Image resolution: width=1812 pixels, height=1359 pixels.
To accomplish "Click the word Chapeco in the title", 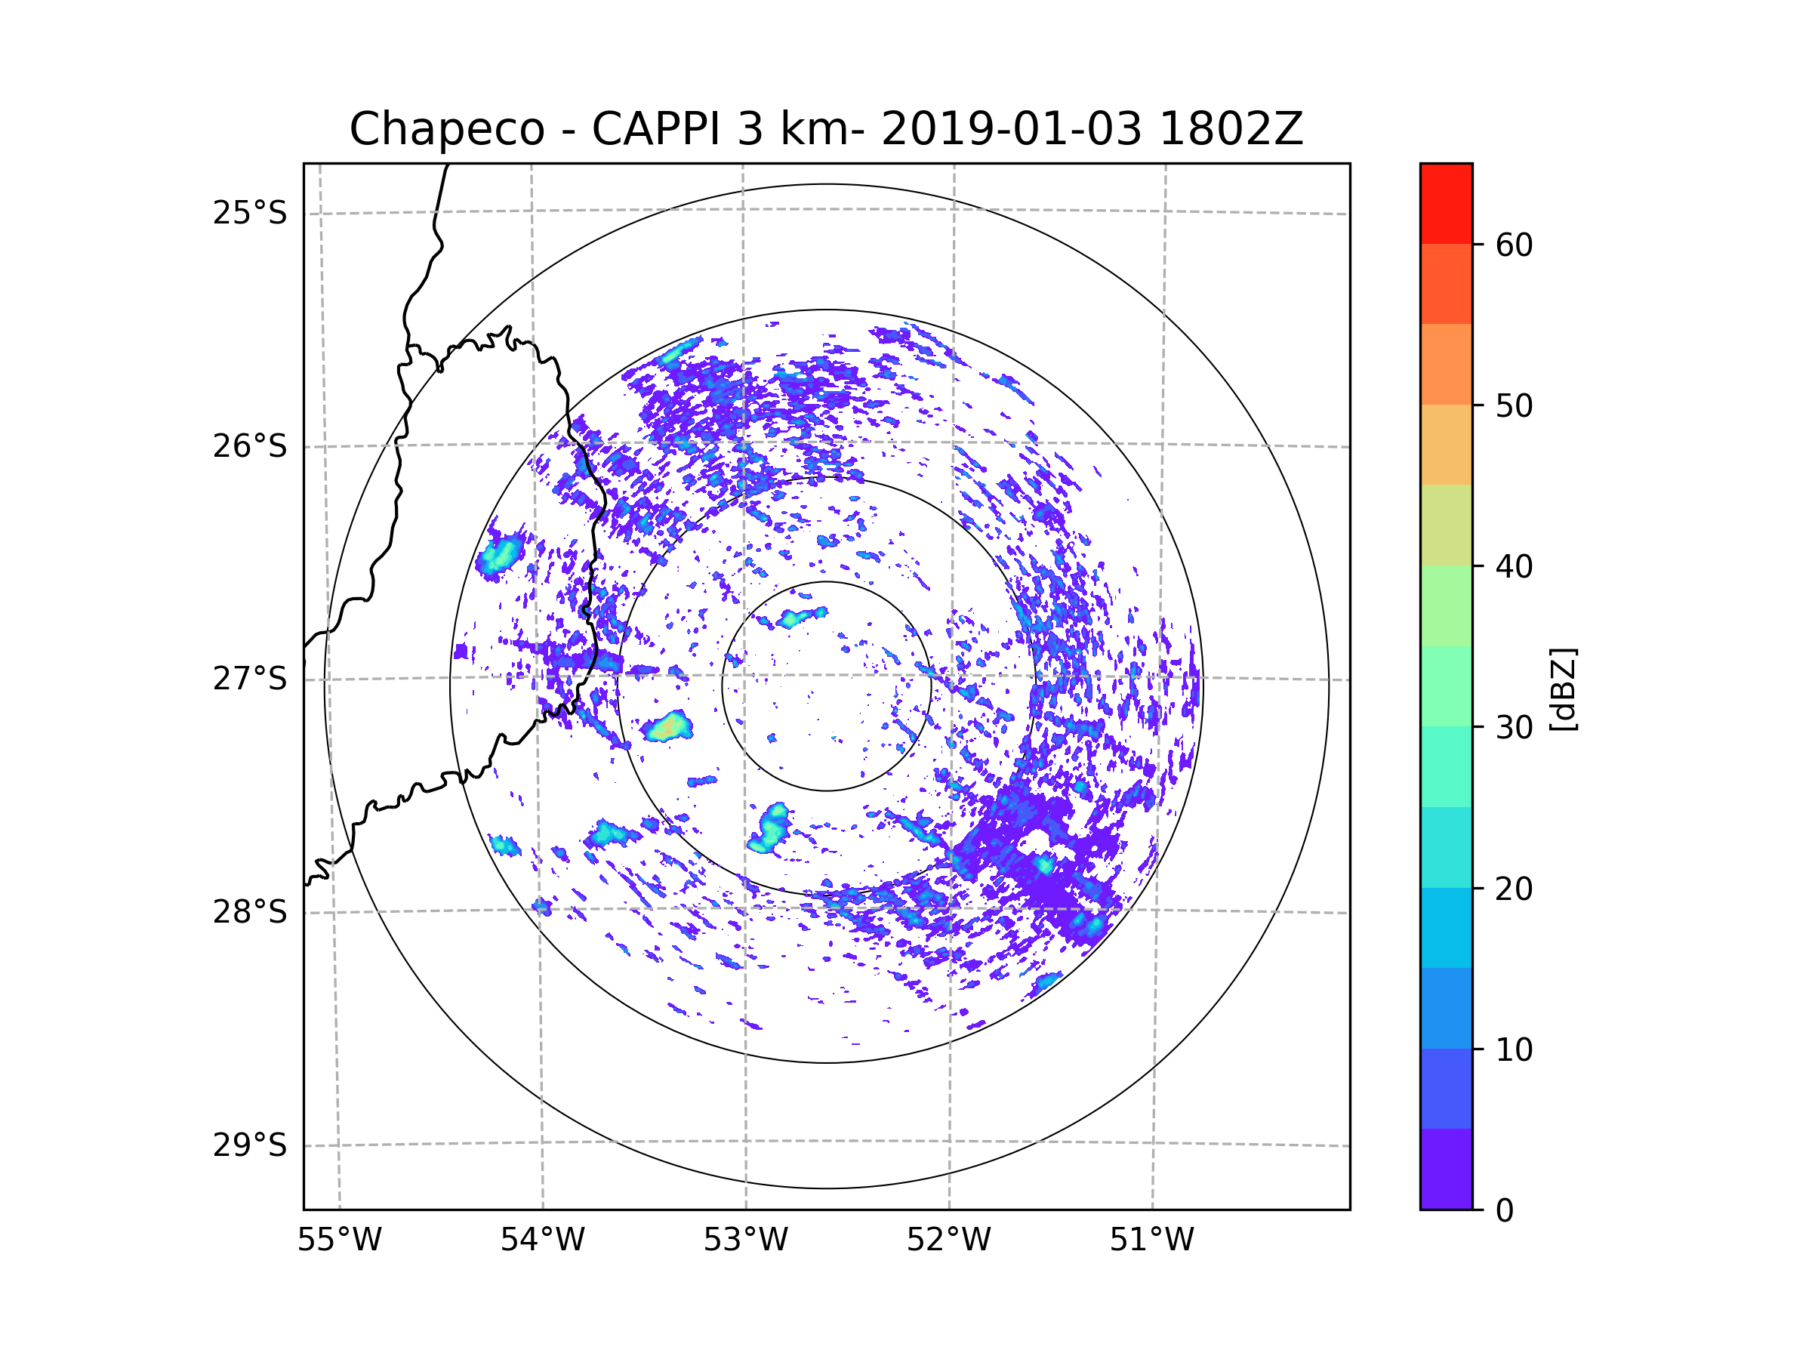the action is pos(446,129).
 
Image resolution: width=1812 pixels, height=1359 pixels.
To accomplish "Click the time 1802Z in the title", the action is pos(1231,128).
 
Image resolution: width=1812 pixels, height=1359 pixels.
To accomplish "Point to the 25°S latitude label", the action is pos(250,213).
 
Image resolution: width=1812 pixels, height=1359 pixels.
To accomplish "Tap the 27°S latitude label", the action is pos(250,679).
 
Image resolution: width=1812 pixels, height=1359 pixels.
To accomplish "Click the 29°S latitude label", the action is pos(250,1145).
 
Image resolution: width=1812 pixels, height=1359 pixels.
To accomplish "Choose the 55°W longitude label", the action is pos(339,1240).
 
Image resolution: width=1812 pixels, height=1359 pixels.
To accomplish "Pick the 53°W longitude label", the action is pos(745,1240).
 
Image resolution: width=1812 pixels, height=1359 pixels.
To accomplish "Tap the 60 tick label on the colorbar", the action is pos(1514,245).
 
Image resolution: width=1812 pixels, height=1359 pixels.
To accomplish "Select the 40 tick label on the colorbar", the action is pos(1514,566).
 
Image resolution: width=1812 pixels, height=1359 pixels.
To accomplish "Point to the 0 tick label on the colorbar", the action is pos(1505,1211).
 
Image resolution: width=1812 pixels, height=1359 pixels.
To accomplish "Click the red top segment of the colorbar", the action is pos(1446,204).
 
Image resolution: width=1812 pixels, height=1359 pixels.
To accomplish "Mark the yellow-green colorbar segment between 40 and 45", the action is pos(1446,525).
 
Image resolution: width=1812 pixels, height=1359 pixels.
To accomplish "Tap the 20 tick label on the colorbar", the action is pos(1514,889).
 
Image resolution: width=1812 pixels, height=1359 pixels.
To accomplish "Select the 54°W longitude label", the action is pos(542,1240).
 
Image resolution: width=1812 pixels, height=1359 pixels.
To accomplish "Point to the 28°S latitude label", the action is pos(250,912).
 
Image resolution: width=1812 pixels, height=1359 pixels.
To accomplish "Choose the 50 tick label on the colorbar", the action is pos(1514,405).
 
